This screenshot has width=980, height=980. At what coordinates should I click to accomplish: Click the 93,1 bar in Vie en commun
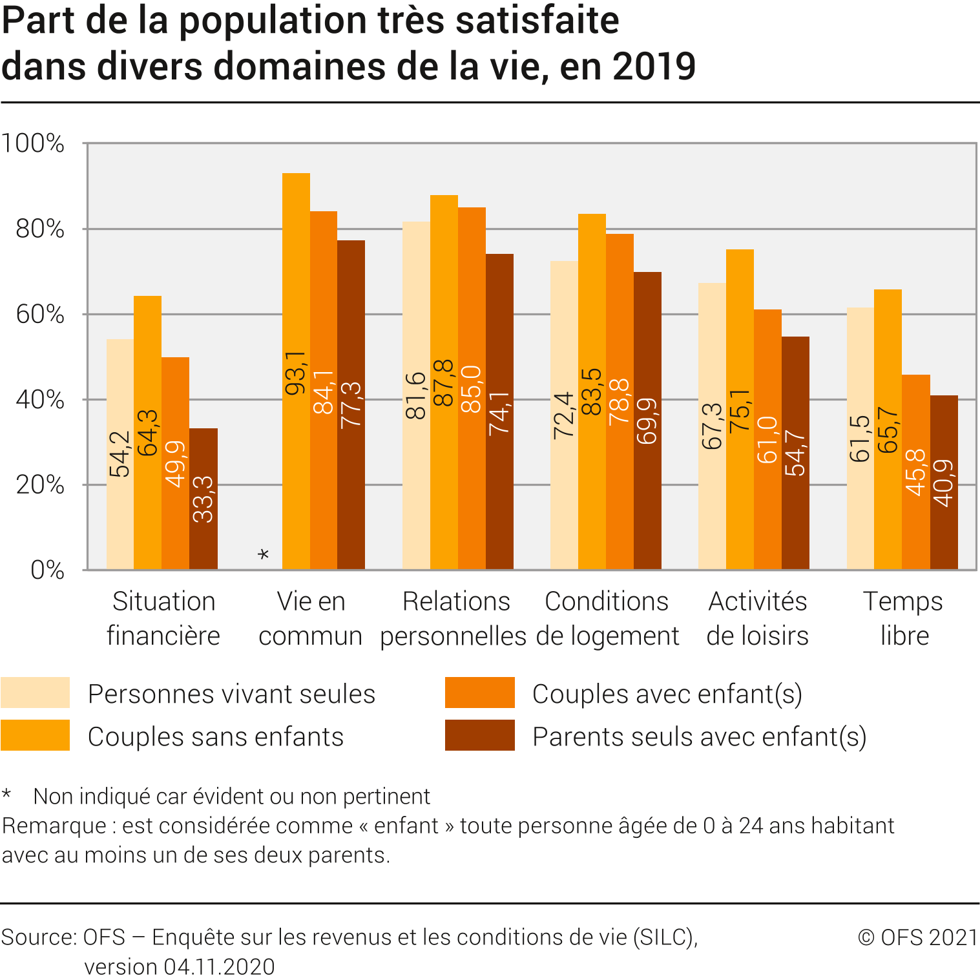point(296,371)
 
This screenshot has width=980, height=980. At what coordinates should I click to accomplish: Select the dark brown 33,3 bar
point(203,499)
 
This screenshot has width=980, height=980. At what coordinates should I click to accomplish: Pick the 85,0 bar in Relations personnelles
point(472,388)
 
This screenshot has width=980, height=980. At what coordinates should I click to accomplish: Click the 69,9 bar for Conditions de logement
point(647,421)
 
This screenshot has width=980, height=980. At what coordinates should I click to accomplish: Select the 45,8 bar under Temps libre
point(916,472)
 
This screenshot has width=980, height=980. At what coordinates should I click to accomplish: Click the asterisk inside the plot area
point(263,555)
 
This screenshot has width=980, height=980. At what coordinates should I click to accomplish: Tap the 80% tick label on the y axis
point(40,229)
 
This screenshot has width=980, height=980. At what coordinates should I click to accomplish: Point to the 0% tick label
point(47,570)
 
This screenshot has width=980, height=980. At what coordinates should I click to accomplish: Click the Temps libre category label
point(904,618)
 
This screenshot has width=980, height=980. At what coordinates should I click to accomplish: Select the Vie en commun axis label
point(311,618)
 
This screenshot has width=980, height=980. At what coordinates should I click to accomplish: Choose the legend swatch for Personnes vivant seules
point(35,693)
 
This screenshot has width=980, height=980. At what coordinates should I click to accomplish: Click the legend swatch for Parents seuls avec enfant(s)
point(479,735)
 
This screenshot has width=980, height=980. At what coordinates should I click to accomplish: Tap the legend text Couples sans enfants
point(216,736)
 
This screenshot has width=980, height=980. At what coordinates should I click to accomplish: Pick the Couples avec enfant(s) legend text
point(667,694)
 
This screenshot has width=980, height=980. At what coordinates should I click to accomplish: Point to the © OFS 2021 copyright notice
point(917,937)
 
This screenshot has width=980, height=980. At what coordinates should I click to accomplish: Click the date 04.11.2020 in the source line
point(219,966)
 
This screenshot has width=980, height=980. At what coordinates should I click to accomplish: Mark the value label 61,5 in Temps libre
point(860,439)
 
